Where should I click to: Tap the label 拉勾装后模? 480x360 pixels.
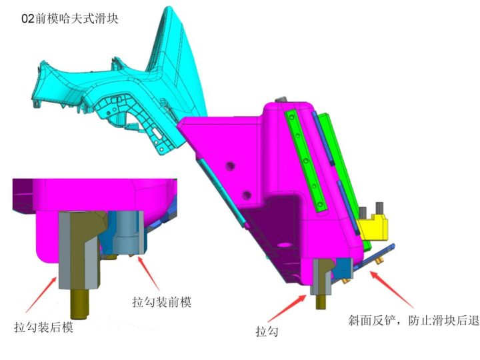tap(43, 327)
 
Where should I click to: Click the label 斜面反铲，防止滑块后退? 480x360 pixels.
tap(414, 321)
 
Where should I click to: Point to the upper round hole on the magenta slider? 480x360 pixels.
tap(231, 164)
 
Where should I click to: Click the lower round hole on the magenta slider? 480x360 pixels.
tap(247, 195)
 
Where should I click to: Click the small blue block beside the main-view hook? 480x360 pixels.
tap(343, 268)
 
